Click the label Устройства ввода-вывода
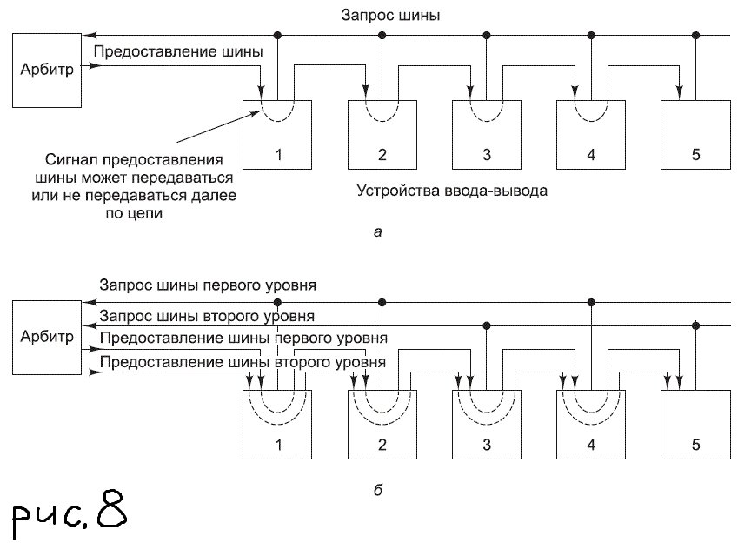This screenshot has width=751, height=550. tap(452, 190)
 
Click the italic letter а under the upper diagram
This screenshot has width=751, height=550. tap(375, 231)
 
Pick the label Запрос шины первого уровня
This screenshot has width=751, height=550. tap(208, 285)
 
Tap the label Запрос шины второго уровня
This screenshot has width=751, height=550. tap(208, 314)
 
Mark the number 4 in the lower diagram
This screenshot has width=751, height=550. tap(591, 445)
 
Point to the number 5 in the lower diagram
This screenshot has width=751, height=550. tap(695, 445)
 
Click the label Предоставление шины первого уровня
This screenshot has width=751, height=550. tap(244, 337)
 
